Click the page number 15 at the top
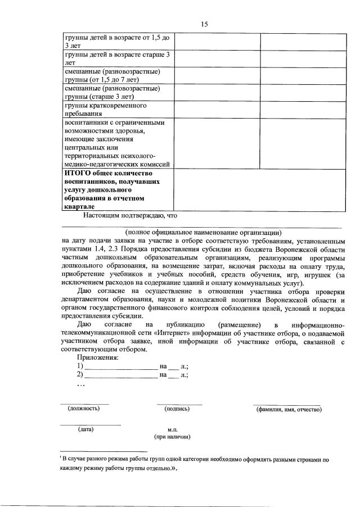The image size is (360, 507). (204, 24)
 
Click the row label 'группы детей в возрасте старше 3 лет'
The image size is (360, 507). (116, 59)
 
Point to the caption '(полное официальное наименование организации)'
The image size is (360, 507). (203, 232)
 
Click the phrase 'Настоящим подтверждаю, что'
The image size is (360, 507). (130, 214)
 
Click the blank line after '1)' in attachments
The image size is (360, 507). (121, 366)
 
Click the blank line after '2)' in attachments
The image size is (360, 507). (121, 375)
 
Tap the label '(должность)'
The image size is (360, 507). (84, 409)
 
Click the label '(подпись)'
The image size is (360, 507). (177, 409)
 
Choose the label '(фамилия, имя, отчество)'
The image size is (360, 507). (289, 410)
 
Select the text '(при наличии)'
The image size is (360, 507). (173, 437)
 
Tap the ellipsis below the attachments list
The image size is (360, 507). (81, 385)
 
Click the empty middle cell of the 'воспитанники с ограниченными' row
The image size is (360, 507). (217, 143)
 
